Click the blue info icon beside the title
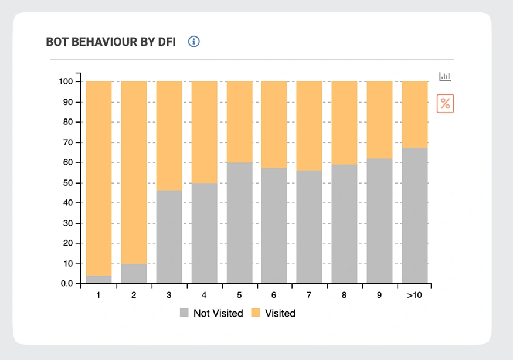coord(194,42)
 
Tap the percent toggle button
coord(446,104)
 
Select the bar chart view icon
coord(446,76)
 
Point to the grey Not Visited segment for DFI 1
coord(98,280)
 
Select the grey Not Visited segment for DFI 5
coord(239,223)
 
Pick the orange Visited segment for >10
coord(415,114)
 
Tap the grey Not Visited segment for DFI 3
coord(169,237)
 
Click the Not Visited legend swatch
coord(185,313)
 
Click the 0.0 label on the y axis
coord(66,284)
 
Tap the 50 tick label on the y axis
coord(68,183)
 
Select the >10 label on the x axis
coord(415,295)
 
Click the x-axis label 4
coord(204,295)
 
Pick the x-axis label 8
coord(344,295)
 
